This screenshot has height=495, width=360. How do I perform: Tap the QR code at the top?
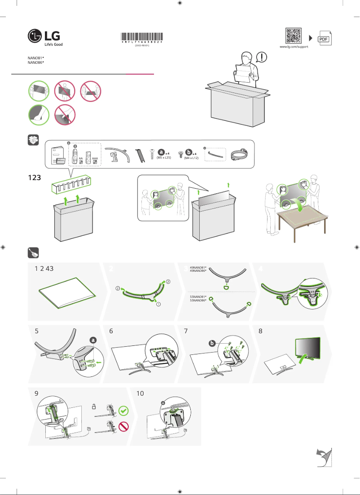293,35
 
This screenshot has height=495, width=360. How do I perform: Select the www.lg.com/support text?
294,47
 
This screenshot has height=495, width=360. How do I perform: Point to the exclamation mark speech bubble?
262,57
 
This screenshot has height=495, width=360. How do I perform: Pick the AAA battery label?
95,159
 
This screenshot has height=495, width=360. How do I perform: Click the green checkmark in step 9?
124,411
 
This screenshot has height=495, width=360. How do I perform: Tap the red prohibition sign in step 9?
124,427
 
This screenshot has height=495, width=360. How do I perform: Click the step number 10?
140,393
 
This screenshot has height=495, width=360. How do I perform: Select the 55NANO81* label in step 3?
198,297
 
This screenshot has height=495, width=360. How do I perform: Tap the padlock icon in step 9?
94,406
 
